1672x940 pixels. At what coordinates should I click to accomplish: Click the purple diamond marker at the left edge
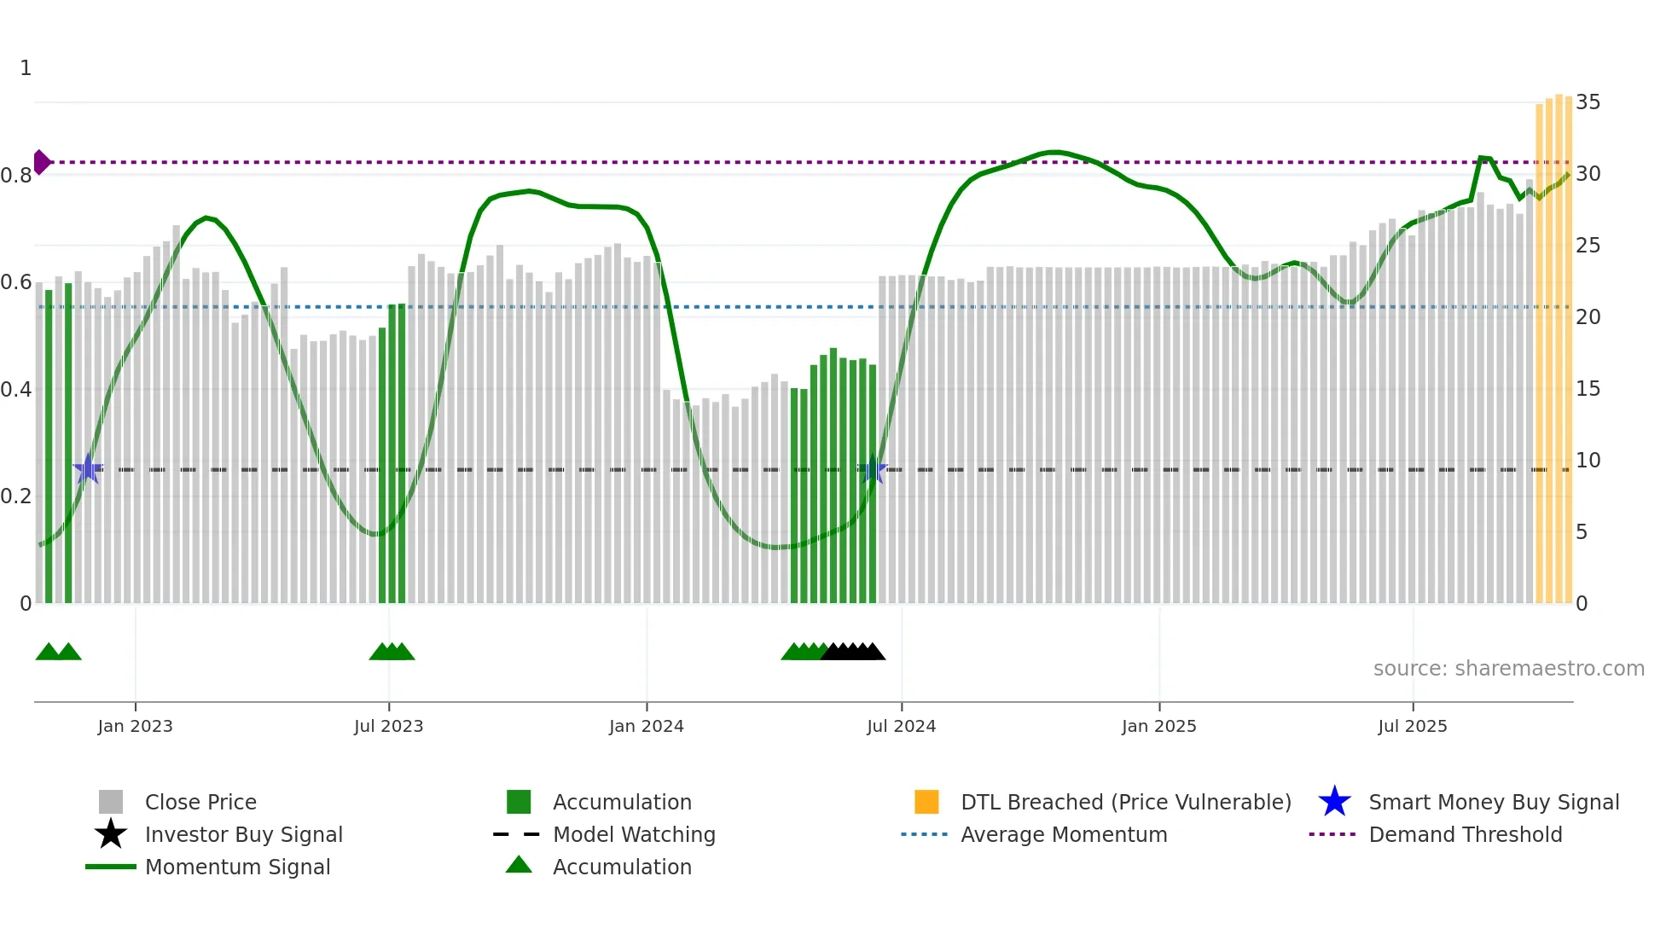pos(41,162)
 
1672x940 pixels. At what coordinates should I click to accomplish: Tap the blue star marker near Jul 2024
pos(873,470)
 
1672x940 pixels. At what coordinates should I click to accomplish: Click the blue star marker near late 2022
pos(88,470)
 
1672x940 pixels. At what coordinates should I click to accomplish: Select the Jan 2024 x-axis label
pos(646,726)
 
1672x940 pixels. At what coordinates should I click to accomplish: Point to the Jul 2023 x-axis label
pos(388,726)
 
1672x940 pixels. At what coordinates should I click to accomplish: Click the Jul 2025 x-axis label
pos(1412,726)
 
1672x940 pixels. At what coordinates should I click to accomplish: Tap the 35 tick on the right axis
pos(1588,102)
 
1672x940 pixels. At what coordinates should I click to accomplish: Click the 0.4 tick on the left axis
pos(16,390)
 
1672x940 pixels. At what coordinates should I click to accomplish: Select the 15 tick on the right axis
pos(1588,389)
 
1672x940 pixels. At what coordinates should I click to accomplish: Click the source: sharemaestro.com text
pos(1508,669)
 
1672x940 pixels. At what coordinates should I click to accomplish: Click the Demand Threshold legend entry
pos(1465,834)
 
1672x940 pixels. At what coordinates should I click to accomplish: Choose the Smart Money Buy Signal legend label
pos(1493,802)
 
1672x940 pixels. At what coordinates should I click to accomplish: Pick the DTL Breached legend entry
pos(1125,802)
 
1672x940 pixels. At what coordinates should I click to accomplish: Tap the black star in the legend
pos(111,834)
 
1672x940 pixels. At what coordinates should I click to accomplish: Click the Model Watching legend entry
pos(633,834)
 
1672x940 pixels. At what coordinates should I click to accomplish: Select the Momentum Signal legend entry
pos(237,867)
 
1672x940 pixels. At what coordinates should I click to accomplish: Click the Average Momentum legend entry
pos(1063,834)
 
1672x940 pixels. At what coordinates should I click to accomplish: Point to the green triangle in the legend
pos(519,865)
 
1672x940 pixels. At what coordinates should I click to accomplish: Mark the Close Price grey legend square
pos(111,802)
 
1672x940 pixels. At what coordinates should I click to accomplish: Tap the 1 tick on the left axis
pos(26,68)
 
